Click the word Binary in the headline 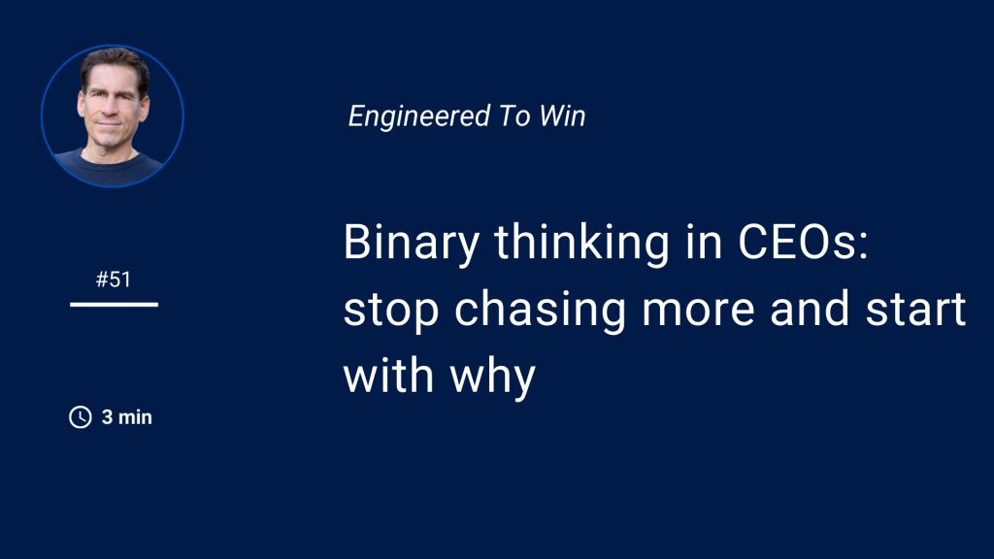(412, 243)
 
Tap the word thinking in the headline (582, 243)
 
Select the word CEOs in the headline (803, 242)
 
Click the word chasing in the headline (540, 311)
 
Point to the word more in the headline (698, 311)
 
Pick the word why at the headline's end (492, 378)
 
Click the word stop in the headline (391, 312)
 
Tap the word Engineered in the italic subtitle (419, 117)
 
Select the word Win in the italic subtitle (562, 116)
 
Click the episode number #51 (114, 279)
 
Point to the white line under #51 (115, 305)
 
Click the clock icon (81, 417)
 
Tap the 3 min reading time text (127, 417)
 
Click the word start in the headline (916, 310)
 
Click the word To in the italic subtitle (514, 116)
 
